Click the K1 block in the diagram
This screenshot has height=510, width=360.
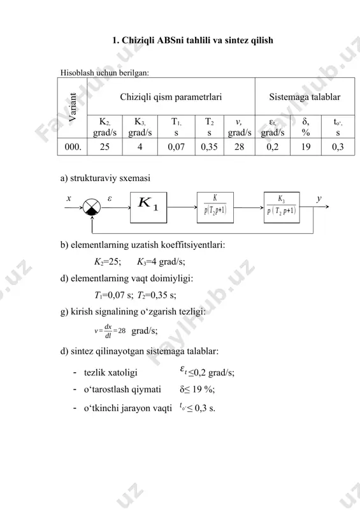(x=148, y=207)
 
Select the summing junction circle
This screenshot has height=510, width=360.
(x=92, y=207)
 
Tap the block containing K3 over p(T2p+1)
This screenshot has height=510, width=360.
(x=282, y=207)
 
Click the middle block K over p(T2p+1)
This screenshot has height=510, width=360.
(x=215, y=207)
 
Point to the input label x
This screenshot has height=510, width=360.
(x=69, y=198)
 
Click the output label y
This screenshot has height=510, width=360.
(x=319, y=198)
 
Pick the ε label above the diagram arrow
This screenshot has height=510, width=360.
(x=110, y=198)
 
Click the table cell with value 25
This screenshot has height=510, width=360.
(x=104, y=147)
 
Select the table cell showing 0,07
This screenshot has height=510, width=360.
(x=176, y=147)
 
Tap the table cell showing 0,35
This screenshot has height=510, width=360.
(x=210, y=147)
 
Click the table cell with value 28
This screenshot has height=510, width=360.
(x=240, y=147)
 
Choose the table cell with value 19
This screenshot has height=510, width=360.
(x=306, y=147)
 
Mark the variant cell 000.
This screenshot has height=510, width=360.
(x=73, y=147)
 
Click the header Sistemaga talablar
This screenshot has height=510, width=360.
(x=305, y=97)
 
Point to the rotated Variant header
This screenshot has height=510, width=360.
(x=73, y=107)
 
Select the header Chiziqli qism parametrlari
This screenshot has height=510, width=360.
(x=171, y=97)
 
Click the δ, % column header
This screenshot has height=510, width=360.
(x=306, y=126)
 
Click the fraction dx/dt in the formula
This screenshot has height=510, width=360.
(x=108, y=331)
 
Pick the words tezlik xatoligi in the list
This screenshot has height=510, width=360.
(x=111, y=372)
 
